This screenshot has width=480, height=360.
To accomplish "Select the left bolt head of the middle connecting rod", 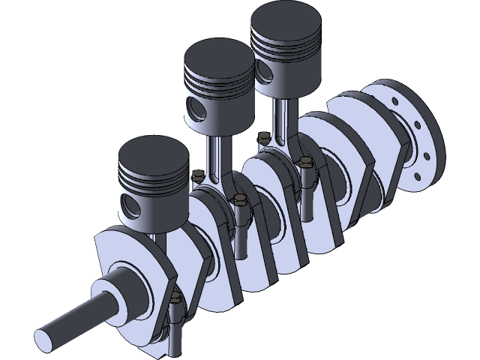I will pos(197,175).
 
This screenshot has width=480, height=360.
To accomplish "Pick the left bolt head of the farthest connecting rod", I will pos(262,137).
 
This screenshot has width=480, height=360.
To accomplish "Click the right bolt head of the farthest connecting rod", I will pos(305,160).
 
